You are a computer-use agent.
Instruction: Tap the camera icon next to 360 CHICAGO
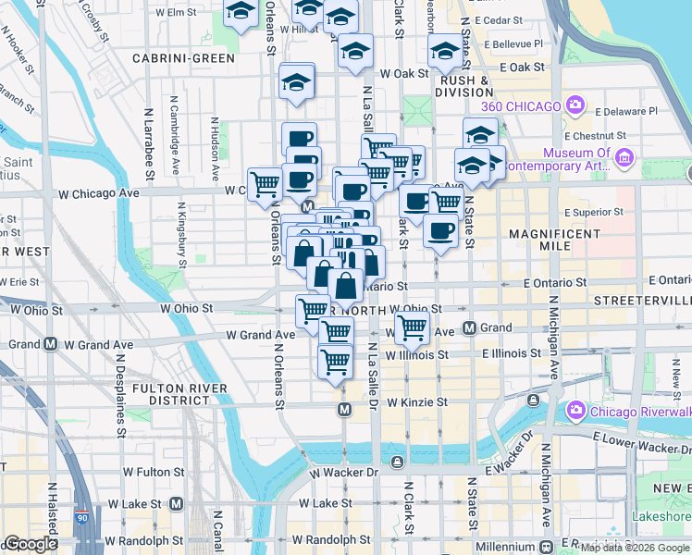(x=575, y=105)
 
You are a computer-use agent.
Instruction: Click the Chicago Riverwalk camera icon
(x=575, y=409)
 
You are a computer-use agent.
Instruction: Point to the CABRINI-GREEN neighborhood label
(x=183, y=58)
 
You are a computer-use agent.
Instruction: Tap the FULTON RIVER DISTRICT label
(x=179, y=394)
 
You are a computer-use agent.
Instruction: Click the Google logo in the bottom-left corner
(x=31, y=545)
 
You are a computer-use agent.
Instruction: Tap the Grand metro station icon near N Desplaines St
(x=50, y=343)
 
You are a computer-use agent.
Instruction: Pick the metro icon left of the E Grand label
(x=469, y=327)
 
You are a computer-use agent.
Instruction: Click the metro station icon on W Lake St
(x=176, y=504)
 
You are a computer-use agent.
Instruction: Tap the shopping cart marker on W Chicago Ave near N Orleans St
(x=266, y=184)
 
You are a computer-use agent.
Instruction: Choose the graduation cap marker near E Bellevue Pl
(x=444, y=51)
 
